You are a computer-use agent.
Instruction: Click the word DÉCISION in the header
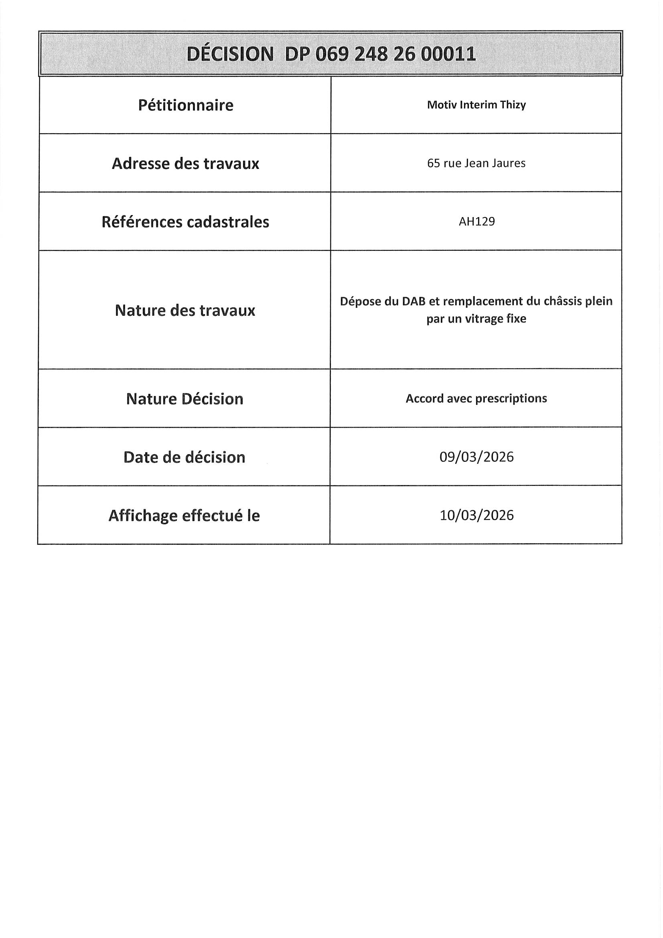coord(230,54)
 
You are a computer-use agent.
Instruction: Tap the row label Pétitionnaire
coord(185,106)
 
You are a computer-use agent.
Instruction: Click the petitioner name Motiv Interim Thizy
coord(476,105)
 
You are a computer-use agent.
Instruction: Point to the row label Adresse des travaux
coord(185,163)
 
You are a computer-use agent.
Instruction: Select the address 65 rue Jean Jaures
coord(476,163)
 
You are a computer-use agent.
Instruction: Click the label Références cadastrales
coord(185,222)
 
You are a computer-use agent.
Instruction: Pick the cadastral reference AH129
coord(477,221)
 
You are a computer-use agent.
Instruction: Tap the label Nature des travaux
coord(185,311)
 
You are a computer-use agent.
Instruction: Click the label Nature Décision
coord(185,399)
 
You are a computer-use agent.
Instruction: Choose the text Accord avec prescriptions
coord(476,398)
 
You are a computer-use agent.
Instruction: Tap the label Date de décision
coord(184,457)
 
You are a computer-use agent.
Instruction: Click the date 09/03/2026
coord(476,457)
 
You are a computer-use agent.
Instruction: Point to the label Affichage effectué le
coord(184,516)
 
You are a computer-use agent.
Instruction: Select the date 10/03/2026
coord(477,515)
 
